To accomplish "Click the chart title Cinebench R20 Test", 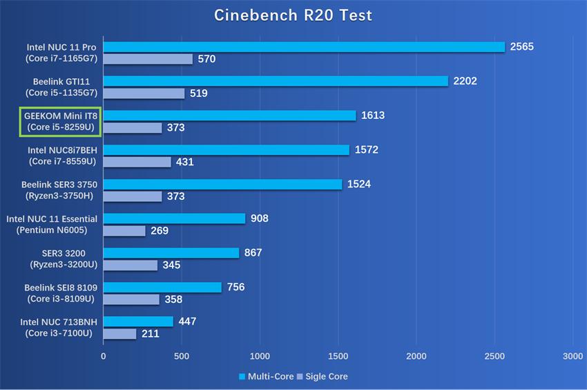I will coord(293,15).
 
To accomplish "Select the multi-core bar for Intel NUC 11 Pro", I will coord(304,47).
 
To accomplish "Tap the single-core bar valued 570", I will coord(148,59).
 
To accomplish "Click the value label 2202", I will coord(465,81).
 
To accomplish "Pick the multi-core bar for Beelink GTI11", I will coord(276,81).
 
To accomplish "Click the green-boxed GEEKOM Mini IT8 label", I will coord(61,121).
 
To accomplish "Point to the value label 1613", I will coord(372,115).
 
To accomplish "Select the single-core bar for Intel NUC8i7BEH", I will coord(137,162).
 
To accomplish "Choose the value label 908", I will coord(260,219).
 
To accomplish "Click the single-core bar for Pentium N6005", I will coord(124,231).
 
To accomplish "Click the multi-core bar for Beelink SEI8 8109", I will coord(162,287).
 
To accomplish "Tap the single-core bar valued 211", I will coord(119,334).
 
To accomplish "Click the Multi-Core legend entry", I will coord(265,377).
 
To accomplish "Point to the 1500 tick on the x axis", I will coord(338,356).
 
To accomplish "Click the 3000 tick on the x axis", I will coord(572,356).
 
